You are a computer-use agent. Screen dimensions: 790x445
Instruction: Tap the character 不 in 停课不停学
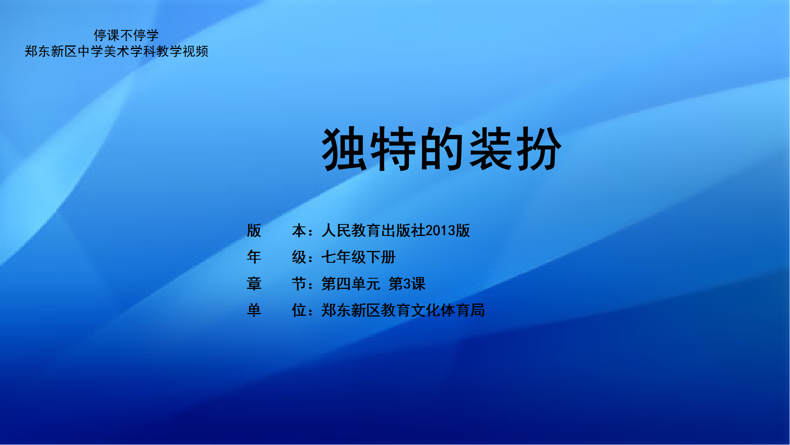(x=126, y=36)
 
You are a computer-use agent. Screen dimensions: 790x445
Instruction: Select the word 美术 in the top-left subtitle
(x=116, y=51)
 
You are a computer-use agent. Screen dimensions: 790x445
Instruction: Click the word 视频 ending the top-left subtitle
(x=195, y=51)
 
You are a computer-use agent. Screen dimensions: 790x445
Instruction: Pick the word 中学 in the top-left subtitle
(x=90, y=51)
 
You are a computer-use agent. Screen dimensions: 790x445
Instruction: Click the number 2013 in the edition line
(x=440, y=230)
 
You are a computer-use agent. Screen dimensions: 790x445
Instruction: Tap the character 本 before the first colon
(x=299, y=230)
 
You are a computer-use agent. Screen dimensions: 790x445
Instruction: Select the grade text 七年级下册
(x=358, y=257)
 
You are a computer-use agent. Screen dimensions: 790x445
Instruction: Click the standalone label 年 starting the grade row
(x=254, y=257)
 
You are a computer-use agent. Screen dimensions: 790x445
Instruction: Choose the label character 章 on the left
(x=254, y=284)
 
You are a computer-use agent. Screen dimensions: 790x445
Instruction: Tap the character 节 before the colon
(x=299, y=284)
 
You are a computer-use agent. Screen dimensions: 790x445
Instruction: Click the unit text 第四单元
(x=351, y=284)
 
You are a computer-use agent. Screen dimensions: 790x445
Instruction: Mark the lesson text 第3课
(x=407, y=284)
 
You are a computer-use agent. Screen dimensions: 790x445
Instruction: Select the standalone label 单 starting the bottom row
(x=254, y=310)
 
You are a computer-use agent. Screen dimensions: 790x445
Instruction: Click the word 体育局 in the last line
(x=463, y=310)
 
